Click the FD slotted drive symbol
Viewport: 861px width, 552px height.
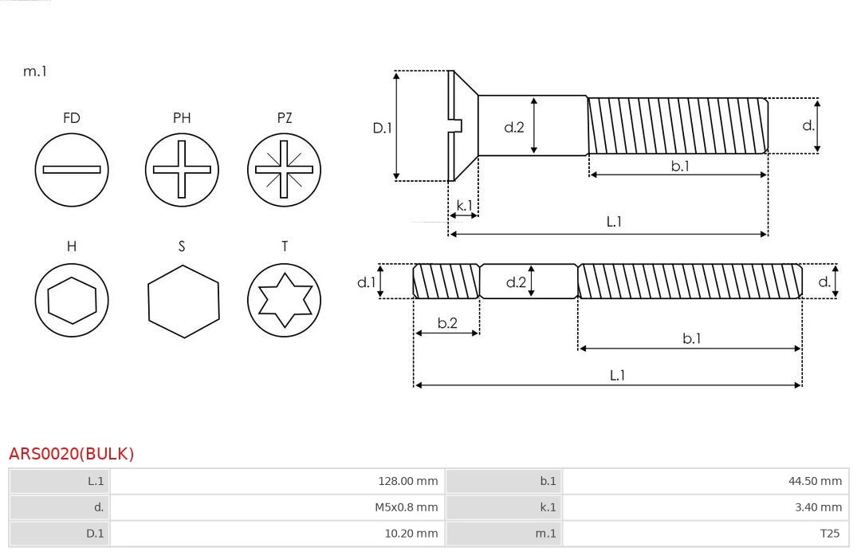point(72,169)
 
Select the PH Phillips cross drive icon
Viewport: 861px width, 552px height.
point(182,169)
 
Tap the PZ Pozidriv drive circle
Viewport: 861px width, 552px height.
point(285,169)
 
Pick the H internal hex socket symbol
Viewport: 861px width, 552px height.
point(72,300)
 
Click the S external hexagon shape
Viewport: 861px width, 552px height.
point(183,300)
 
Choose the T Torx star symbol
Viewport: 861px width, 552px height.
point(285,300)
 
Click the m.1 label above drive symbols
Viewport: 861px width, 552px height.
point(35,71)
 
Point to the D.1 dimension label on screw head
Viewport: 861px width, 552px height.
point(383,127)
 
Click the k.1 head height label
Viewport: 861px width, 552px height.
point(463,205)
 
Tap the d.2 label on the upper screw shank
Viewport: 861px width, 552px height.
point(514,126)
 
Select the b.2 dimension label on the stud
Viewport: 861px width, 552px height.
point(447,323)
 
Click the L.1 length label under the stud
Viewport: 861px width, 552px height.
point(617,375)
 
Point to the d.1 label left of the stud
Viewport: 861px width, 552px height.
point(366,282)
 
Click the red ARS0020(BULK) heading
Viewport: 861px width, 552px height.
point(71,454)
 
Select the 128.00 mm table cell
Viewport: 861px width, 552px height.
point(407,481)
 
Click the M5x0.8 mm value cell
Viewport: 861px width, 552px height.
point(406,507)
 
